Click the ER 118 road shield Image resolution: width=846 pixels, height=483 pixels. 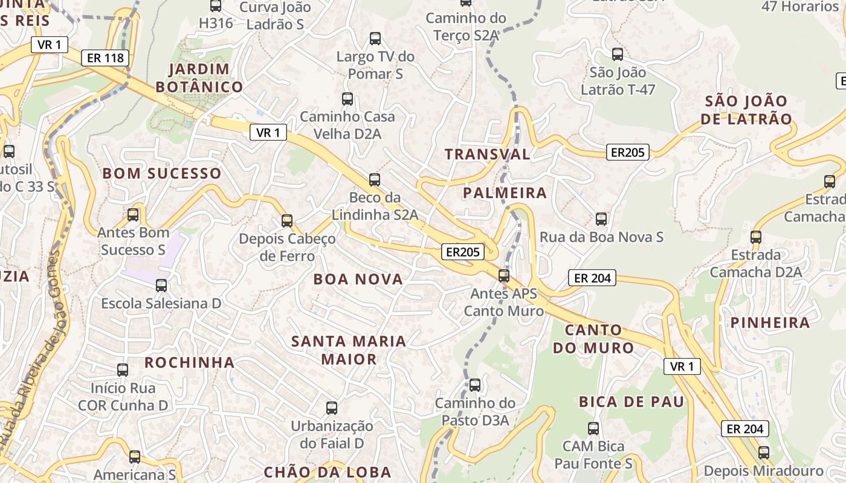(x=106, y=58)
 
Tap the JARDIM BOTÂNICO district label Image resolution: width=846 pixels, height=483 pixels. (x=199, y=78)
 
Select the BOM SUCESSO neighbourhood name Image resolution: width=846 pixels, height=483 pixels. (x=162, y=173)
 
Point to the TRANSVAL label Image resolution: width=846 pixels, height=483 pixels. (x=488, y=154)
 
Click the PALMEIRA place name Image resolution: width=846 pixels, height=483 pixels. (x=505, y=193)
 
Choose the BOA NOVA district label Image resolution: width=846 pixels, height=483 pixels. (x=358, y=279)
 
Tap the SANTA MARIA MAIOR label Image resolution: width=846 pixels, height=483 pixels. (x=349, y=350)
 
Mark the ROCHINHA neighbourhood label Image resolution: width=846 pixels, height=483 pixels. (x=189, y=362)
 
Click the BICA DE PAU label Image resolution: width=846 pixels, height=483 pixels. (x=631, y=402)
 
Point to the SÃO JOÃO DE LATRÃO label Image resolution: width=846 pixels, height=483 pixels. (x=746, y=110)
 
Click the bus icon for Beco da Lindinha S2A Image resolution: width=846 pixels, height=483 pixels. (x=375, y=179)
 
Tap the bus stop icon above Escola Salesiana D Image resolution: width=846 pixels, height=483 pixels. (x=161, y=285)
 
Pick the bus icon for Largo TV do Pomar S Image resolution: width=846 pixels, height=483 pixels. (x=375, y=39)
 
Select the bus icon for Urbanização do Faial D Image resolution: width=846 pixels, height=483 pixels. (x=332, y=408)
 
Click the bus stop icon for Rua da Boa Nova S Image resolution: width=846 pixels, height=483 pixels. (x=601, y=219)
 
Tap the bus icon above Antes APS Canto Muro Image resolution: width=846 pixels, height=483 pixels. (x=504, y=276)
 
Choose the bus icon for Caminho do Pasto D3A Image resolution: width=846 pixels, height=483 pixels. (x=475, y=385)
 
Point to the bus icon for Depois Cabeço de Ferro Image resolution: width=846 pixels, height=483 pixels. (x=287, y=221)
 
